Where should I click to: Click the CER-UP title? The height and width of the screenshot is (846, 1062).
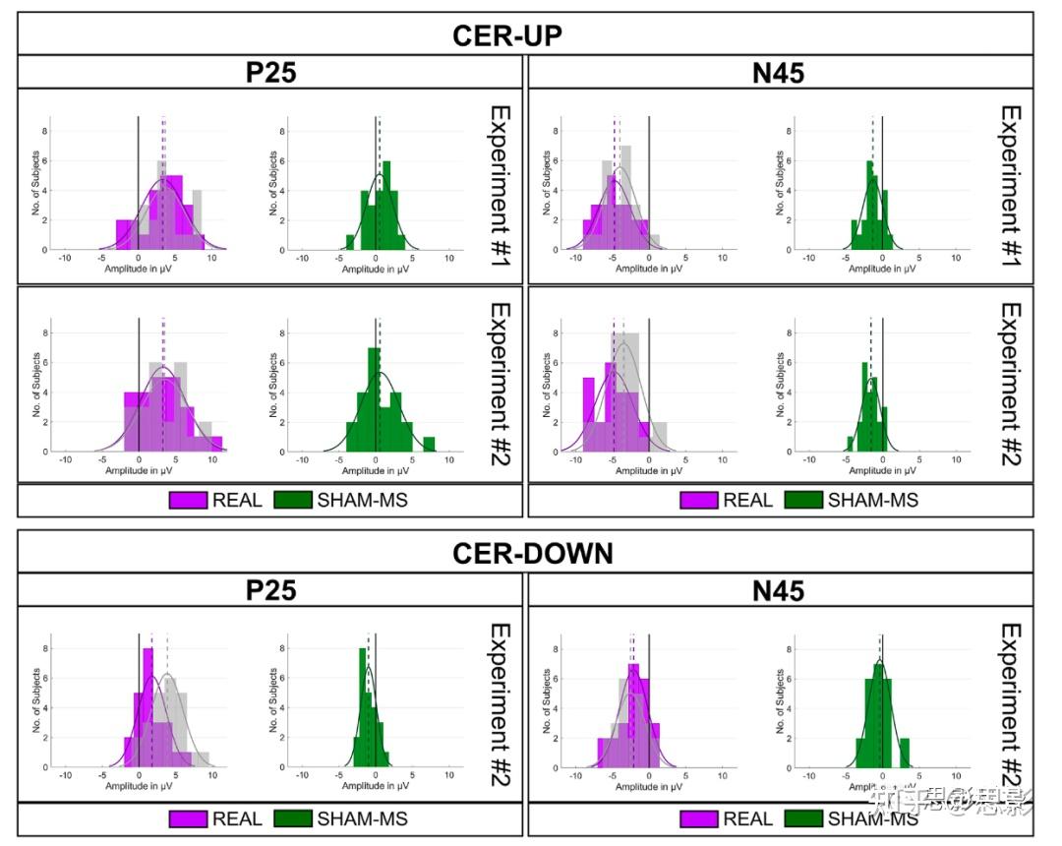(x=506, y=35)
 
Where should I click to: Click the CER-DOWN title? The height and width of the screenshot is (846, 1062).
(x=532, y=552)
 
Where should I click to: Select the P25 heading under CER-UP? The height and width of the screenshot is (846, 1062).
(x=270, y=73)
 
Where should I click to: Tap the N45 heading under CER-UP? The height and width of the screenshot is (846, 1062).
(x=778, y=73)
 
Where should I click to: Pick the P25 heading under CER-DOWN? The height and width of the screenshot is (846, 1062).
(x=270, y=589)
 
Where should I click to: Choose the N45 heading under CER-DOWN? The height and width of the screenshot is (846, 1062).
(x=778, y=589)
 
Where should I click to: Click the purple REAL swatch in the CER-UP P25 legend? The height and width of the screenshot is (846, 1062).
(x=188, y=500)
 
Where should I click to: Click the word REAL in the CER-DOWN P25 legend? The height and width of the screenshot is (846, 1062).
(x=237, y=818)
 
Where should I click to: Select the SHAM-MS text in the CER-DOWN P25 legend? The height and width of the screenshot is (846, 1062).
(x=362, y=818)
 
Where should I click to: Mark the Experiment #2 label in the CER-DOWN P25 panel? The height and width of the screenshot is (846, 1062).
(x=501, y=703)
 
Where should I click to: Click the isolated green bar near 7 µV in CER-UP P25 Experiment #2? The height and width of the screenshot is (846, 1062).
(x=429, y=445)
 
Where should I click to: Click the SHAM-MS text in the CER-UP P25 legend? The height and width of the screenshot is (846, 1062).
(x=362, y=500)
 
